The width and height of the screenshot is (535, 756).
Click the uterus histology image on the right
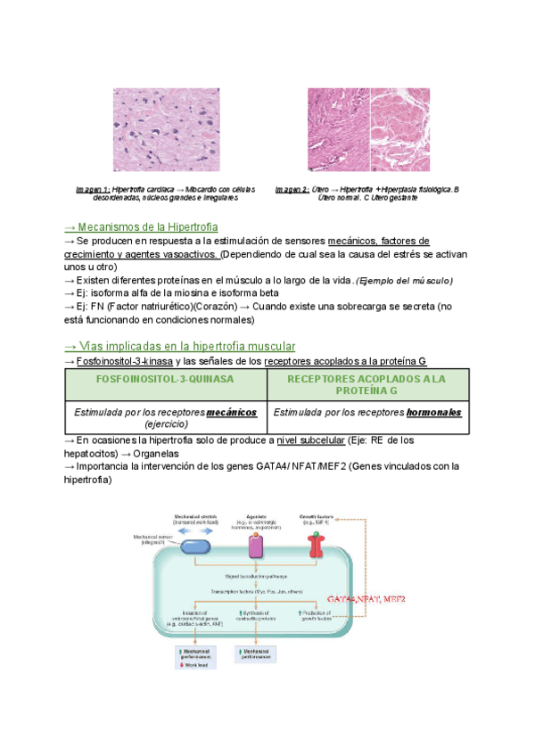[369, 129]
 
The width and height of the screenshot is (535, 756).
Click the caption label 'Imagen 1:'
[93, 190]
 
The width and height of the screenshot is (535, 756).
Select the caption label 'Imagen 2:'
[292, 190]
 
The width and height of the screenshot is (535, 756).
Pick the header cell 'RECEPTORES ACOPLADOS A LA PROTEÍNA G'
[367, 385]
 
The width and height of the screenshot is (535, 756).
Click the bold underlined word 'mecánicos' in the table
[231, 413]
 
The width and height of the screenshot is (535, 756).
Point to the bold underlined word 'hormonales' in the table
[434, 413]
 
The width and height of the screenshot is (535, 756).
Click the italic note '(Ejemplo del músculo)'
[405, 281]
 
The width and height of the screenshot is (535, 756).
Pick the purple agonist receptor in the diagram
[256, 545]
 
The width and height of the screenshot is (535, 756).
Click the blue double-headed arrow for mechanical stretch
[193, 530]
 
